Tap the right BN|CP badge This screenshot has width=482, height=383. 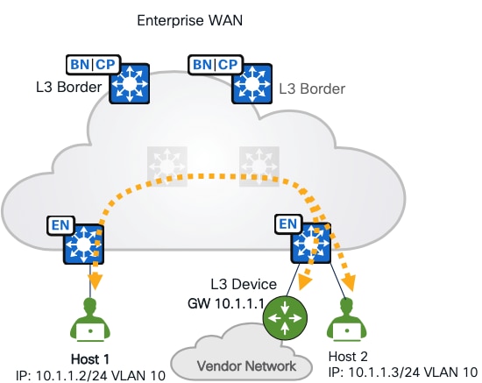(215, 64)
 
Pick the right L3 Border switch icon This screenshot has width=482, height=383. (253, 84)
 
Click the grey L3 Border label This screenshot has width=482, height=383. (311, 89)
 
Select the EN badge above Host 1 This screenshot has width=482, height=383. (58, 224)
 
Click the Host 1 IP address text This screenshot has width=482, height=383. (85, 372)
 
